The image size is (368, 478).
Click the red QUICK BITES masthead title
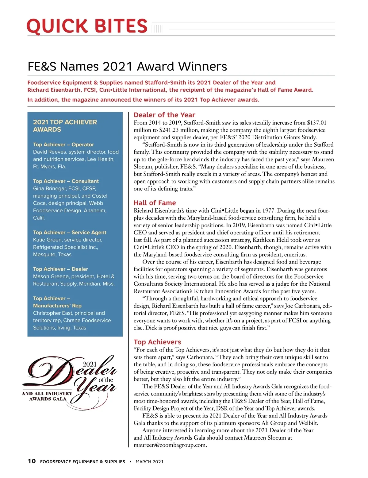(x=87, y=26)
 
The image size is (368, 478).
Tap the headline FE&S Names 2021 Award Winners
(x=127, y=67)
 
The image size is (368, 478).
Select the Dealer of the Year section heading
(x=164, y=115)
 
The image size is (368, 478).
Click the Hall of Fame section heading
(x=155, y=203)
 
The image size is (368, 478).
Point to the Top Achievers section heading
(x=157, y=342)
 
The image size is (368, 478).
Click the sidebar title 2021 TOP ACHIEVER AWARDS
(x=65, y=126)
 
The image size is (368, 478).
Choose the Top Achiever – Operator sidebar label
(x=63, y=145)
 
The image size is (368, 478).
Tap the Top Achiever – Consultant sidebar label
(x=66, y=181)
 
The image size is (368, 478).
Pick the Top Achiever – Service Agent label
(x=70, y=233)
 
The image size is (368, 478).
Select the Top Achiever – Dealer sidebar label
(x=60, y=269)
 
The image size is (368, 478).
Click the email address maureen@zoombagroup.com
(x=170, y=445)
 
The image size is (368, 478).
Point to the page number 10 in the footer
(x=32, y=461)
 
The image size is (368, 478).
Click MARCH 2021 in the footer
(x=149, y=462)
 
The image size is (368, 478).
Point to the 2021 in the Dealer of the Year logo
(x=90, y=364)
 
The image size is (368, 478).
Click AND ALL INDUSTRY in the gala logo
(x=47, y=394)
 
